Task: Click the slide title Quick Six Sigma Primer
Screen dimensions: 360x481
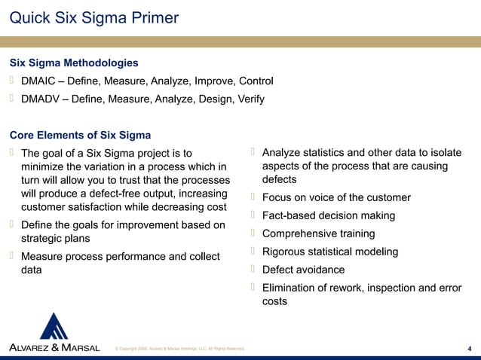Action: pyautogui.click(x=93, y=16)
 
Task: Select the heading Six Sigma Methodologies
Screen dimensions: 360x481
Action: pyautogui.click(x=73, y=63)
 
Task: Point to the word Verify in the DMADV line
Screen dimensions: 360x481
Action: pyautogui.click(x=247, y=99)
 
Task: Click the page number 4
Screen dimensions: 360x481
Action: pyautogui.click(x=470, y=347)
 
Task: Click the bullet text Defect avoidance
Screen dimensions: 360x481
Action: pyautogui.click(x=303, y=270)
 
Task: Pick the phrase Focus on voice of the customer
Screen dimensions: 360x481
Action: pyautogui.click(x=336, y=197)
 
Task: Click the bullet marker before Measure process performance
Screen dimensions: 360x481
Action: pyautogui.click(x=12, y=256)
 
